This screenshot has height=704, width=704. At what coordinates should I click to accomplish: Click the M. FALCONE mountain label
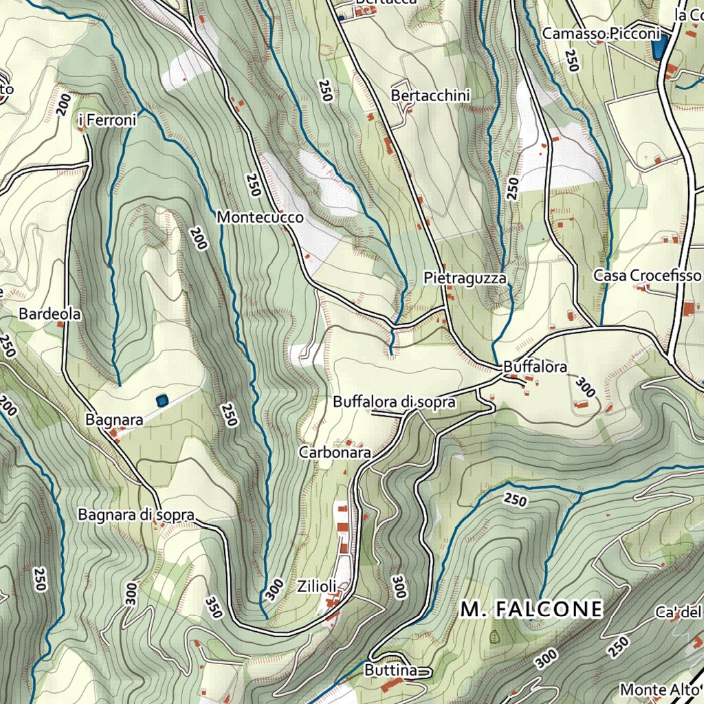(532, 609)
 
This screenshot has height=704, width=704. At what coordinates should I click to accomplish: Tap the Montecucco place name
(260, 217)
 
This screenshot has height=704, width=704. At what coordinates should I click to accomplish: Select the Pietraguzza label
(465, 278)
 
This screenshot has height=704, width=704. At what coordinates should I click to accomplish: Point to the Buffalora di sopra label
(394, 402)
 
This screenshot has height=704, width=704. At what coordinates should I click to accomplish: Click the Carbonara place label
(335, 452)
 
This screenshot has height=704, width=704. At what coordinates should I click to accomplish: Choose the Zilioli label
(317, 586)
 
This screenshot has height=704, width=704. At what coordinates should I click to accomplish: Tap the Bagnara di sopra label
(136, 515)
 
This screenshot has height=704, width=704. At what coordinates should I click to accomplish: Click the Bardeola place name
(50, 314)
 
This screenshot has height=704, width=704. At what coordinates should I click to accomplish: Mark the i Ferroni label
(108, 121)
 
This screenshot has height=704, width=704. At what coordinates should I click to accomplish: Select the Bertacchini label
(430, 96)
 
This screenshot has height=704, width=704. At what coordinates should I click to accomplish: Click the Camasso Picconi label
(601, 34)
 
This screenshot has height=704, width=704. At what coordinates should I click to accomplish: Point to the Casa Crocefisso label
(647, 276)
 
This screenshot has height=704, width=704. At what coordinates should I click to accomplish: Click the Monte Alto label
(654, 689)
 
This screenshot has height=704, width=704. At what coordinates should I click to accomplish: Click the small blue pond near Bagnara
(162, 399)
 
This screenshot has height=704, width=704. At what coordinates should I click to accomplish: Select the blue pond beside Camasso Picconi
(659, 47)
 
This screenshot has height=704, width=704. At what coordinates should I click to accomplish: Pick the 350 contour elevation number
(214, 607)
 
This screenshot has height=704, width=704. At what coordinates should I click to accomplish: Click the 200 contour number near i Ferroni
(65, 103)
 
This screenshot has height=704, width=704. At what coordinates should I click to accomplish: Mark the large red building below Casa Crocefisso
(688, 309)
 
